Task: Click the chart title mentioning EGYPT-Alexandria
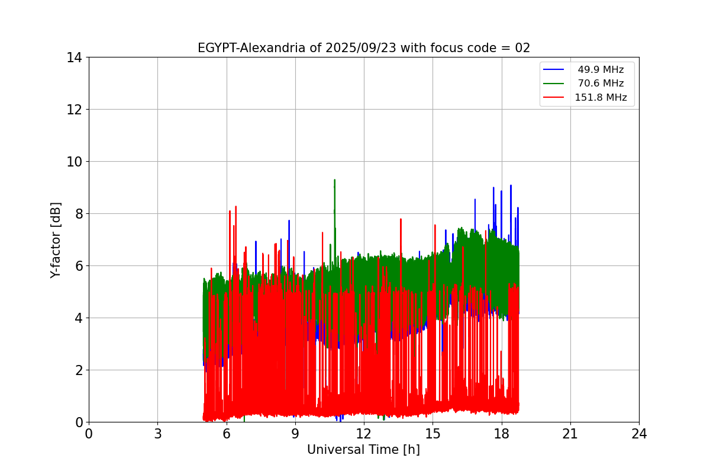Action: [x=363, y=48]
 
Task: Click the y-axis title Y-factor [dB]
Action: [x=56, y=240]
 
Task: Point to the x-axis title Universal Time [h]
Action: [x=363, y=450]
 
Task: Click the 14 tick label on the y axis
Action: [x=74, y=57]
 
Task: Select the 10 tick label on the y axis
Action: [x=74, y=162]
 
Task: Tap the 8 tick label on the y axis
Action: [x=78, y=214]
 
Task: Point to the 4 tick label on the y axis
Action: [x=78, y=318]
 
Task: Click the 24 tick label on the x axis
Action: [x=639, y=434]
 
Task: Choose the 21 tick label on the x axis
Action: [x=570, y=434]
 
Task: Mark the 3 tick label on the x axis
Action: [x=157, y=434]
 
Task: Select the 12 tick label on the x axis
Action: [x=364, y=434]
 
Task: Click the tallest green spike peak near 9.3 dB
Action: [x=334, y=180]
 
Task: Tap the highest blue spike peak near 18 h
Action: [x=511, y=185]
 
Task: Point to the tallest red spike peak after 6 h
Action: [x=235, y=207]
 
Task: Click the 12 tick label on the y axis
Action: [x=74, y=110]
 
